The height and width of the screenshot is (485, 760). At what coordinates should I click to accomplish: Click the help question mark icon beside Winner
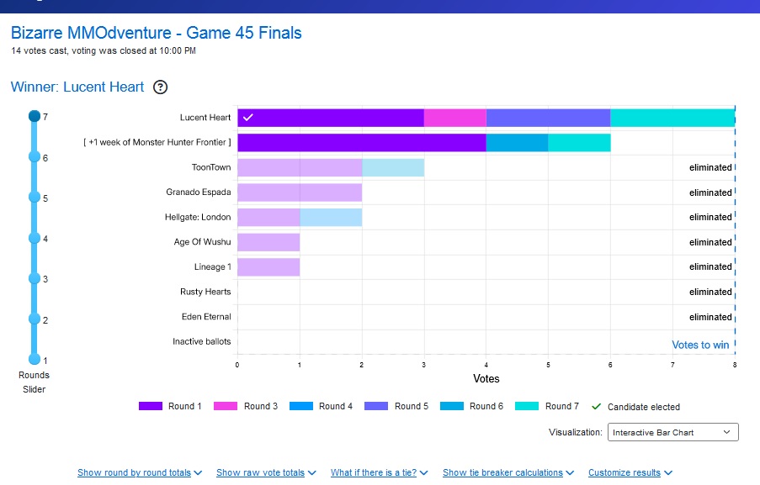point(161,87)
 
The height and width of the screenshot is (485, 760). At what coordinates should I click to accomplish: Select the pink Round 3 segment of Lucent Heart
point(454,118)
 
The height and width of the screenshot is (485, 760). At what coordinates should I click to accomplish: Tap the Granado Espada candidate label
point(198,192)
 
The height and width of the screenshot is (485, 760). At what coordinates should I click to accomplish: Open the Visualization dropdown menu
point(672,433)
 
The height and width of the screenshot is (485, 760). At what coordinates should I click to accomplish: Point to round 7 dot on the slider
point(35,117)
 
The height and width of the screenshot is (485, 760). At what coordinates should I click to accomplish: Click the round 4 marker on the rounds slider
point(35,238)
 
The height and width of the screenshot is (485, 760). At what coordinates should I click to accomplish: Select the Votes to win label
point(700,345)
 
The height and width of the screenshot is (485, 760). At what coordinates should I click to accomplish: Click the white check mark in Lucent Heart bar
point(247,118)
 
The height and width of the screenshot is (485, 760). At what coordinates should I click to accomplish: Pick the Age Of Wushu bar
point(268,242)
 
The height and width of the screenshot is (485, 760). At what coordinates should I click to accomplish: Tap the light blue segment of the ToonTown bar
point(393,167)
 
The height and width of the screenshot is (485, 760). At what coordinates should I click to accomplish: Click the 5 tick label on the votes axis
point(548,365)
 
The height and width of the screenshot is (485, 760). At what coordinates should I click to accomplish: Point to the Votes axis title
point(486,379)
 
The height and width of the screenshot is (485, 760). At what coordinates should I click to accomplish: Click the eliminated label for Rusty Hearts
point(710,293)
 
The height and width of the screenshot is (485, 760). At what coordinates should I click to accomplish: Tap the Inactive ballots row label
point(201,342)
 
